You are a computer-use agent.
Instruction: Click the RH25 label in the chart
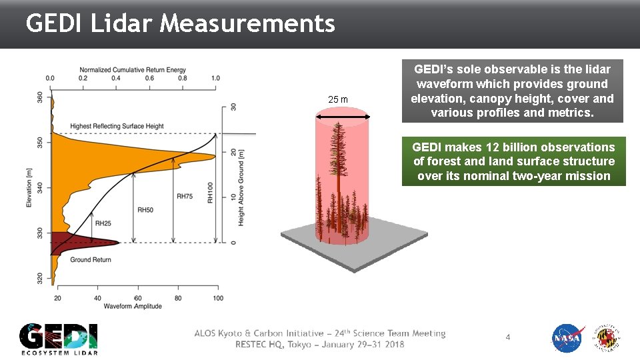click(103, 223)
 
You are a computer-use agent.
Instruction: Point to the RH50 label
click(145, 210)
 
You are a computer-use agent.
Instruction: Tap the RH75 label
click(185, 196)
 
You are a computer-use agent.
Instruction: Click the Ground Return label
click(91, 259)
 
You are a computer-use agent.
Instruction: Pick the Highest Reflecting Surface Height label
click(117, 126)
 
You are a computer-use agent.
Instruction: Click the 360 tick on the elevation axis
click(41, 97)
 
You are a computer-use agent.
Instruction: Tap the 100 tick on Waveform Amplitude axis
click(218, 297)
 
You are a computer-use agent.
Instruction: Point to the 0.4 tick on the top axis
click(116, 78)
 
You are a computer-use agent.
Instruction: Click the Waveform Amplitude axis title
click(133, 306)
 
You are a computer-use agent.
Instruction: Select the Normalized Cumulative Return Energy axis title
click(133, 69)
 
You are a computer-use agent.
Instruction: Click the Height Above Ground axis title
click(241, 187)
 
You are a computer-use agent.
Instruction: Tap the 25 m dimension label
click(338, 100)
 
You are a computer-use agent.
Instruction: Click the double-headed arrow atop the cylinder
click(343, 117)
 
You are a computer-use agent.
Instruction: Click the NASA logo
click(568, 338)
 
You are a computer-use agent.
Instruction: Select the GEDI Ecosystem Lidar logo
click(59, 339)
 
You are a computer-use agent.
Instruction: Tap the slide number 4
click(507, 337)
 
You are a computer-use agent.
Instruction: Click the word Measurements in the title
click(248, 24)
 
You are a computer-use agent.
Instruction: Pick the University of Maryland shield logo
click(608, 338)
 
